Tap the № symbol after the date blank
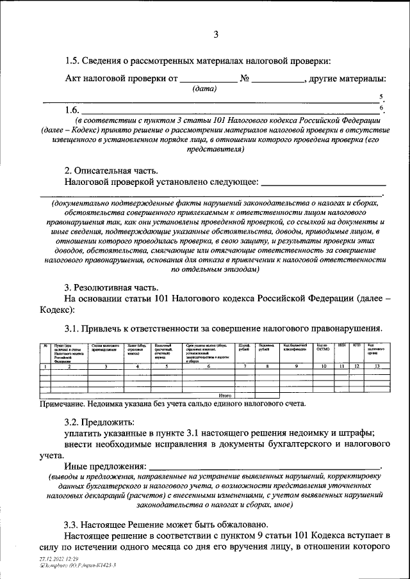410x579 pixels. (x=243, y=79)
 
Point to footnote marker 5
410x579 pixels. (x=381, y=97)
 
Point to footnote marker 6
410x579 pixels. (x=381, y=107)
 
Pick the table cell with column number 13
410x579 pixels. (x=377, y=366)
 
